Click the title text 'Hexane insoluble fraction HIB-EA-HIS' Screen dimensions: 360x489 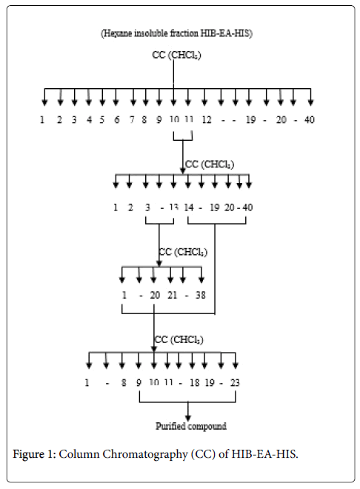tap(177, 33)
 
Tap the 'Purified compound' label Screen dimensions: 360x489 tap(191, 426)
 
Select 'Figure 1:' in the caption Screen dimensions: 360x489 tap(34, 454)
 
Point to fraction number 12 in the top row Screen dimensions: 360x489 tap(207, 120)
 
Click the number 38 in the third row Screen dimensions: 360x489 tap(201, 295)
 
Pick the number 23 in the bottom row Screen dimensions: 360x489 tap(235, 382)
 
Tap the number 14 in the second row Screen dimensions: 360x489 tap(189, 207)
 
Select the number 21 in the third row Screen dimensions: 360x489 tap(173, 295)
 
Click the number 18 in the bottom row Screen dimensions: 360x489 tap(195, 382)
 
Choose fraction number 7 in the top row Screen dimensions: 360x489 tap(132, 120)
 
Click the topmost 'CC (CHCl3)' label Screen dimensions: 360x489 tap(176, 55)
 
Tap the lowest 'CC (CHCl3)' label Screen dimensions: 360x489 tap(179, 339)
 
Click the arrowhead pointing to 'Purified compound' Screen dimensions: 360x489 tap(188, 417)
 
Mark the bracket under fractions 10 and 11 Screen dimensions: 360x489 tap(183, 140)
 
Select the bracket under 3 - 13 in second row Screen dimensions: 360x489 tap(159, 223)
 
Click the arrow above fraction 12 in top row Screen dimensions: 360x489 tap(204, 97)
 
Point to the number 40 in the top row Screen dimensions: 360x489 tap(309, 120)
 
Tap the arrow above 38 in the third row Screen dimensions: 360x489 tap(201, 275)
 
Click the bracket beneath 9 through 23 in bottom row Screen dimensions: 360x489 tap(187, 402)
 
